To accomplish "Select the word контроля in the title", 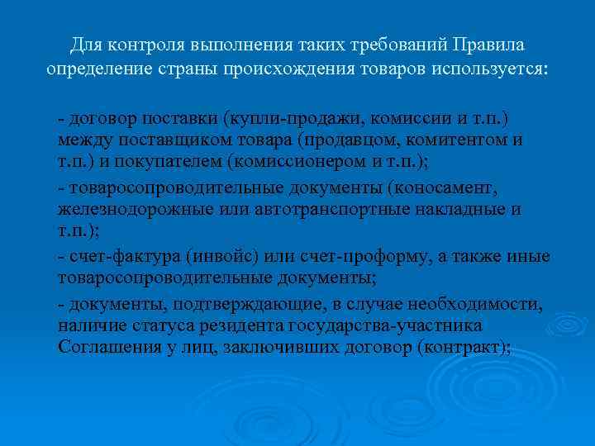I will pyautogui.click(x=137, y=43).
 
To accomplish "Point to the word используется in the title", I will pyautogui.click(x=490, y=68).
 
